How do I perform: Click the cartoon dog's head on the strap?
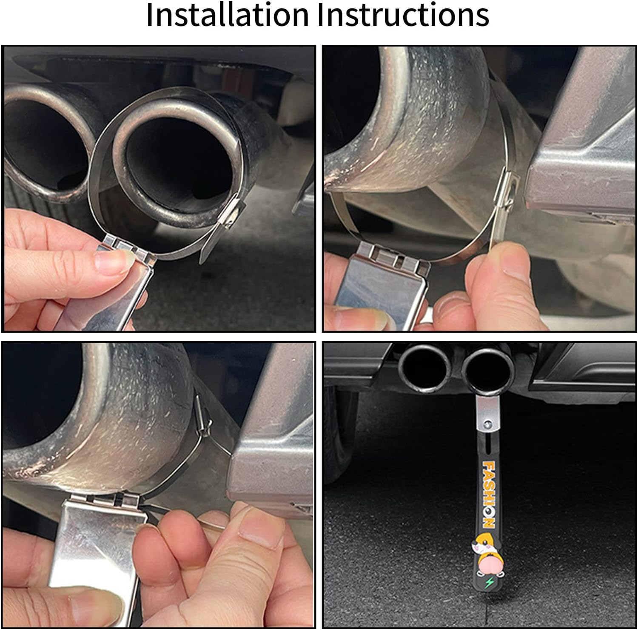[479, 546]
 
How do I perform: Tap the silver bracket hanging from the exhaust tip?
[486, 415]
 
